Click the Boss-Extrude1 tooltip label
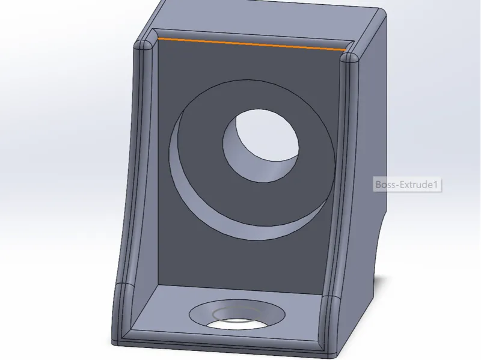click(408, 185)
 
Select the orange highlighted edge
click(251, 44)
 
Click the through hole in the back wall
click(261, 145)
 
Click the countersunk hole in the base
click(237, 314)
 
